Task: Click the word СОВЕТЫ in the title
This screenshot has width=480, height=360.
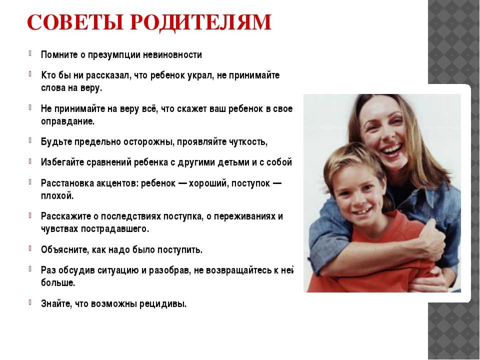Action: click(x=75, y=22)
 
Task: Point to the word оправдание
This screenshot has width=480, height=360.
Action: click(x=67, y=121)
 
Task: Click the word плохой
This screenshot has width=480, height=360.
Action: click(x=57, y=195)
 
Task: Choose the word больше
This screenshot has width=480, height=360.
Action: click(x=58, y=283)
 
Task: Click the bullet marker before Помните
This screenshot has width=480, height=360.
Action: click(x=30, y=53)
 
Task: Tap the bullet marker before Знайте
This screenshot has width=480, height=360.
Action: click(x=30, y=302)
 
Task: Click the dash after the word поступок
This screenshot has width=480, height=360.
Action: click(x=276, y=183)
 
